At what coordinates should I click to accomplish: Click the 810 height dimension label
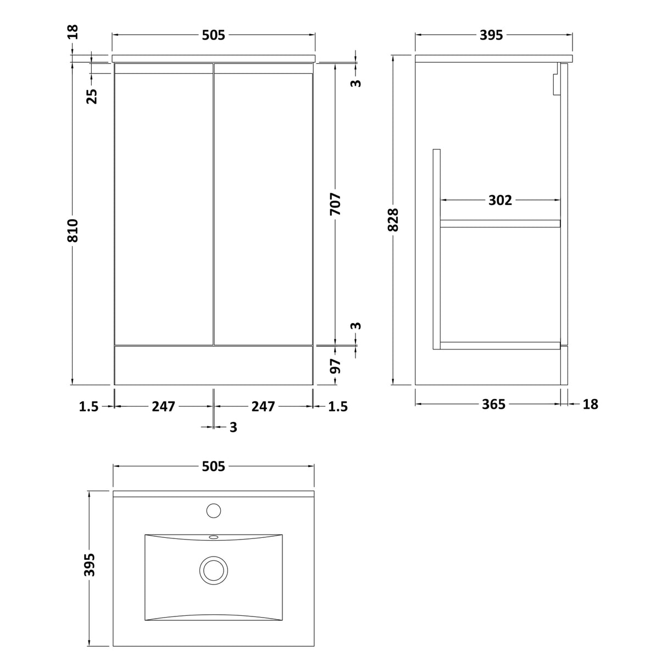(73, 231)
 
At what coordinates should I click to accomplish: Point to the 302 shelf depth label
(500, 201)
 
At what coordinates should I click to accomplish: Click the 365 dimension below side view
(493, 404)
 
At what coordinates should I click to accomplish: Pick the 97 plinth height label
(336, 365)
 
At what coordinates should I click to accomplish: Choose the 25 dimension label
(92, 96)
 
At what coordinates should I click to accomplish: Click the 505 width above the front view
(213, 35)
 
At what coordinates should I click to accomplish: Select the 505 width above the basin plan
(213, 466)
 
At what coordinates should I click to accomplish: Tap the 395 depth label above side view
(491, 35)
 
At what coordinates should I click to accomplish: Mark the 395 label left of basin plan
(90, 565)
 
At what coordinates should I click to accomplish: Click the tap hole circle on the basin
(213, 510)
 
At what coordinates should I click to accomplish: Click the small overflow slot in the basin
(213, 537)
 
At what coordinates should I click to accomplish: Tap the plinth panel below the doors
(213, 365)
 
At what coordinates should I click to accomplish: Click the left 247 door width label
(163, 407)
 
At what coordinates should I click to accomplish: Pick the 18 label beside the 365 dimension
(590, 404)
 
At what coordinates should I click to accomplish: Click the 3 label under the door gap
(233, 427)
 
